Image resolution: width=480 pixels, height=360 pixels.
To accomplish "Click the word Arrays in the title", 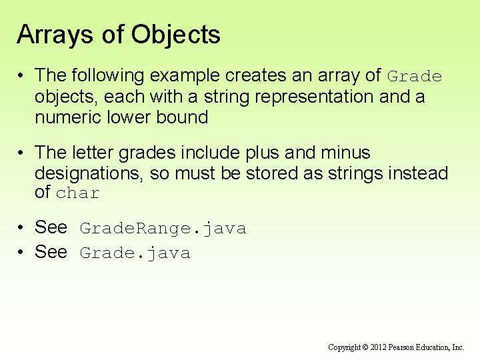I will [x=55, y=35].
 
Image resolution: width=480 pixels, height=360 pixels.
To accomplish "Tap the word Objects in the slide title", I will [x=175, y=35].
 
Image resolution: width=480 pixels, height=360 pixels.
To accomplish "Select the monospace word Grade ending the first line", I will [x=415, y=77].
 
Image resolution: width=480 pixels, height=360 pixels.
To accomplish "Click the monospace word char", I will [x=78, y=194].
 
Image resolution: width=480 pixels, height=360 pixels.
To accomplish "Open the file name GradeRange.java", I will [x=163, y=229].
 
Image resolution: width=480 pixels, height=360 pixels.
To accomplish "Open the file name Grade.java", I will [x=135, y=253].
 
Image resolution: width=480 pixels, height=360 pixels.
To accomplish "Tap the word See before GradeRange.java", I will [x=51, y=227].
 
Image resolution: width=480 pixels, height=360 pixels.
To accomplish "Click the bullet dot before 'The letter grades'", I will [x=22, y=154].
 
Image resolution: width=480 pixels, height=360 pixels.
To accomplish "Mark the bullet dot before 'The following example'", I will [x=22, y=77].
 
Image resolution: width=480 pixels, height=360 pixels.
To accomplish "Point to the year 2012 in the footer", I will [x=378, y=347].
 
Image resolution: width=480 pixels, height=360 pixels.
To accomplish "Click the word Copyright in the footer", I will [x=345, y=347].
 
